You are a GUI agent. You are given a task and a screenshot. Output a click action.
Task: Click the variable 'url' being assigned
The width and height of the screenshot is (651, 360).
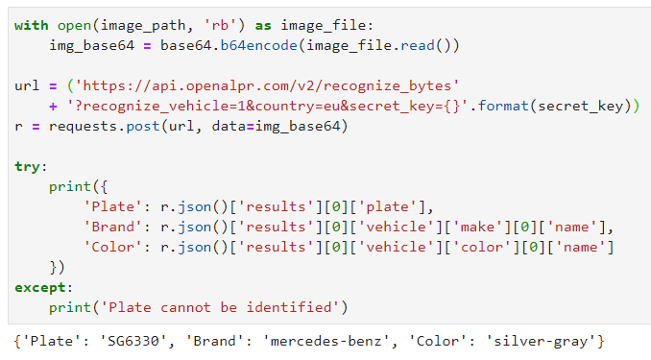click(27, 86)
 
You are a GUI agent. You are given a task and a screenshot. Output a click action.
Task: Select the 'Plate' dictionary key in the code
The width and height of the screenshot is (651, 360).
click(108, 207)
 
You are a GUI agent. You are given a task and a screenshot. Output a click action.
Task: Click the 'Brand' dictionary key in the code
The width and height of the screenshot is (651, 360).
click(108, 228)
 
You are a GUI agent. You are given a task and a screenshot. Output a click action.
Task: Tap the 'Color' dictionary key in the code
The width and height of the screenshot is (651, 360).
click(108, 248)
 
